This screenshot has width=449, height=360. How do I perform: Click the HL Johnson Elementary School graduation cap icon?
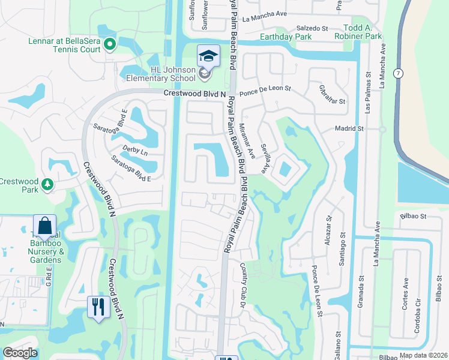[208, 57]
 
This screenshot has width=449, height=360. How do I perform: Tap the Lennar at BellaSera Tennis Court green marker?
[110, 43]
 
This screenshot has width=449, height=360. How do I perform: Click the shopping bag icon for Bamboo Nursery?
[44, 226]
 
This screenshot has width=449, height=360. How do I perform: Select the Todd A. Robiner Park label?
[363, 32]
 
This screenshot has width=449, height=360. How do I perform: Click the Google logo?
[20, 353]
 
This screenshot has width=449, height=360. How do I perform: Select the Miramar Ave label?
[251, 146]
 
